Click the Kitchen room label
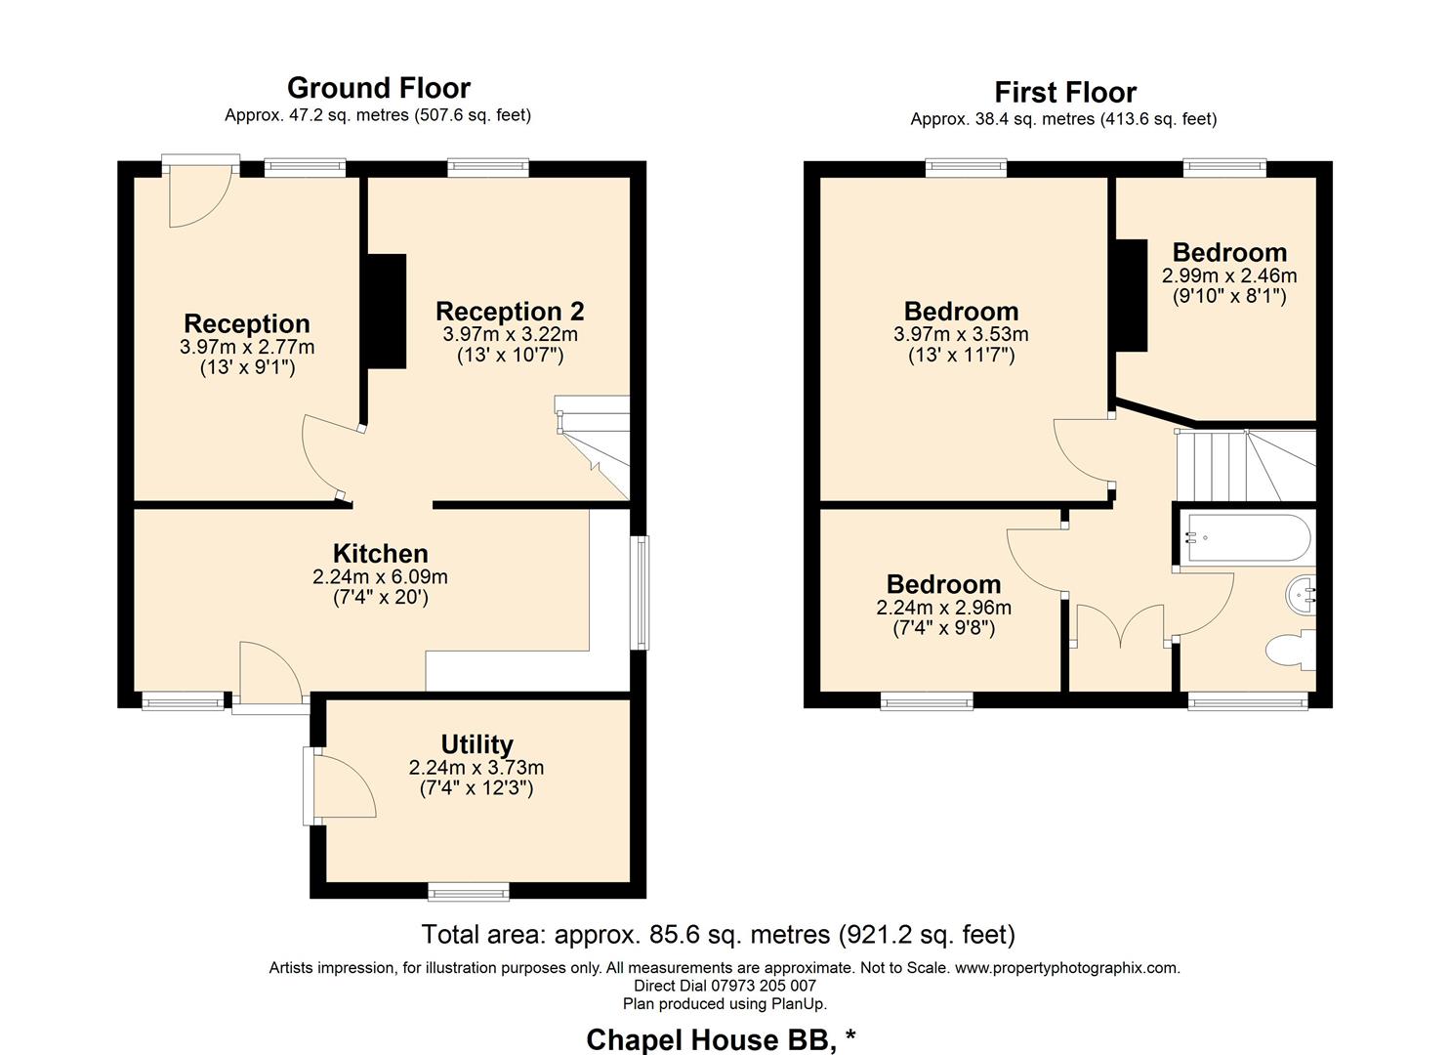pos(380,554)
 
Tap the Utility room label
pos(476,744)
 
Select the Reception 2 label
pos(510,312)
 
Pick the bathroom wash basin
pos(1303,592)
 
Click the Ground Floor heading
pos(379,88)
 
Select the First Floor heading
pos(1064,93)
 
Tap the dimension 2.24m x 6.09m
pos(380,577)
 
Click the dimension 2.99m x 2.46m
pos(1228,275)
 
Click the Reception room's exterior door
pos(200,191)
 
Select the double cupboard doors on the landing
pos(1120,626)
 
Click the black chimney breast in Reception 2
pos(387,312)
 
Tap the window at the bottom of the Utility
pos(469,890)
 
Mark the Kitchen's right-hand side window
pos(640,592)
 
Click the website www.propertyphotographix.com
pos(1066,968)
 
